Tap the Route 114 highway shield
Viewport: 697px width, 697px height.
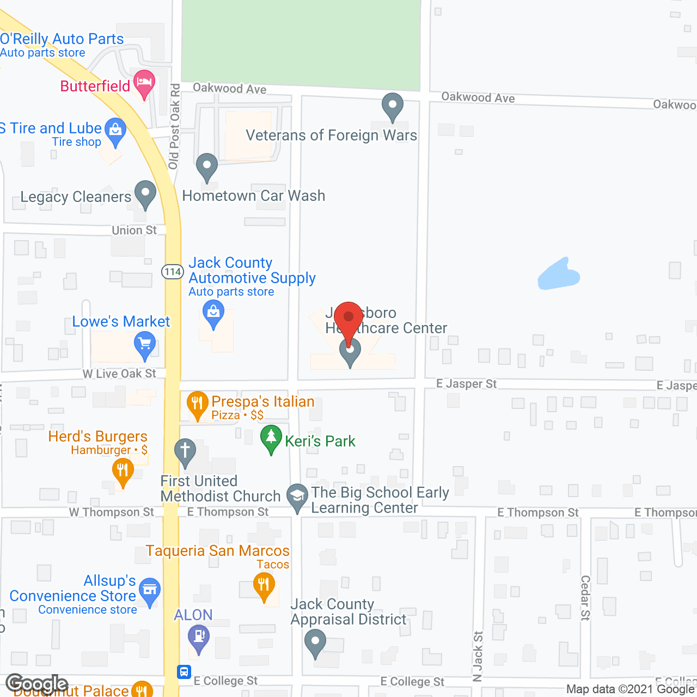coord(173,271)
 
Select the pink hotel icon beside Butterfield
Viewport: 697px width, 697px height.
coord(144,83)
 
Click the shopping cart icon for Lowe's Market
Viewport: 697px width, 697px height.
coord(145,345)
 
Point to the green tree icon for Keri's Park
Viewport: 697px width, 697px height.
coord(271,437)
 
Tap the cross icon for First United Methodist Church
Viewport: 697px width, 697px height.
coord(185,451)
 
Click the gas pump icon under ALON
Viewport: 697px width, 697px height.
coord(198,637)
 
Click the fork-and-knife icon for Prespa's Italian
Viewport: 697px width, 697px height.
coord(197,404)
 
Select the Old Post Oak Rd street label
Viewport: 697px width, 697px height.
coord(174,126)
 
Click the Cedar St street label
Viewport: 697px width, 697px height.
coord(585,598)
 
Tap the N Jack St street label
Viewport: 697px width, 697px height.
coord(478,656)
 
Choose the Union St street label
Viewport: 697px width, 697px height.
coord(134,230)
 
